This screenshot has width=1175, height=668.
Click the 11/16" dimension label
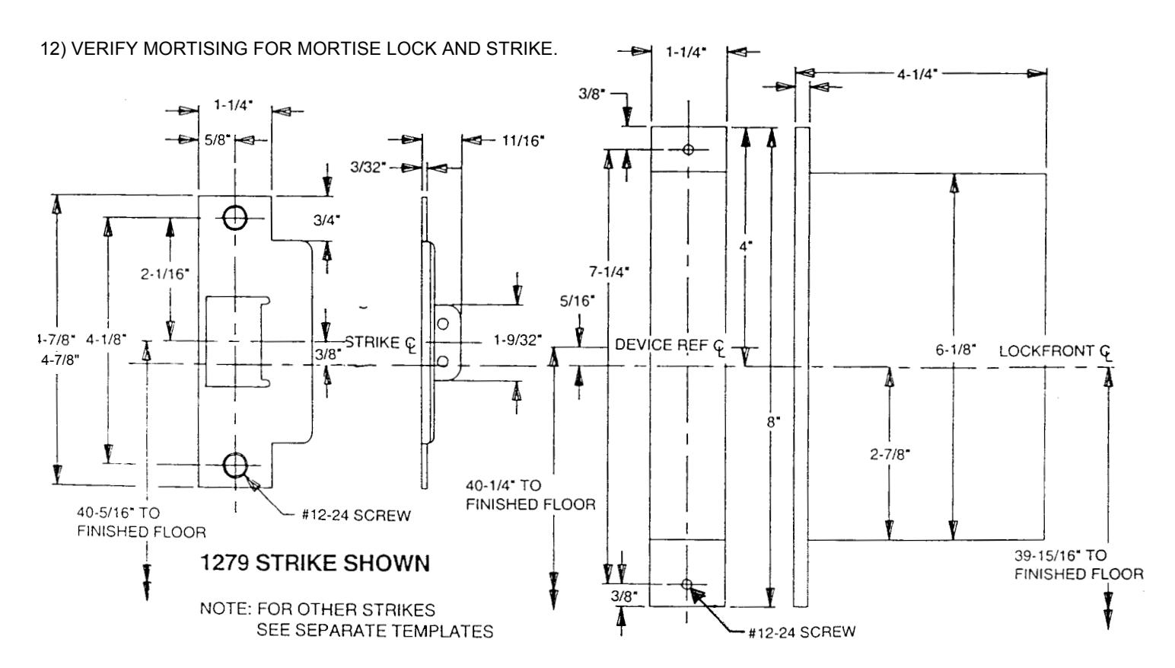point(523,140)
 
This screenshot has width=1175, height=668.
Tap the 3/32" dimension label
point(368,167)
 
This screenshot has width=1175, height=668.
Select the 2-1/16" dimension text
point(164,273)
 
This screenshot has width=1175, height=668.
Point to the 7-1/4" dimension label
point(609,271)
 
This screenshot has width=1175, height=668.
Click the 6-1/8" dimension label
point(956,349)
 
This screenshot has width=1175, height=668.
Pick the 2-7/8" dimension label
point(890,454)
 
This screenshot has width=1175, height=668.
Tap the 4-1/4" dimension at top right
point(917,74)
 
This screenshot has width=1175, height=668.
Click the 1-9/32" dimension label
point(517,340)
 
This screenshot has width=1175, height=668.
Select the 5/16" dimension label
point(577,300)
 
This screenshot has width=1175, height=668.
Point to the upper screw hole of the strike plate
point(235,217)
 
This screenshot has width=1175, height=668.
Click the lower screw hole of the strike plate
point(235,465)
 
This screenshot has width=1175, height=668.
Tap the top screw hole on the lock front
point(688,149)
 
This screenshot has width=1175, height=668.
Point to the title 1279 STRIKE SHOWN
point(315,563)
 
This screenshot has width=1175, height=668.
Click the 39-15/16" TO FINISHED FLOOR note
point(1078,564)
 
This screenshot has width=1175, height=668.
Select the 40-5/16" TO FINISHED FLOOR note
point(141,522)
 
